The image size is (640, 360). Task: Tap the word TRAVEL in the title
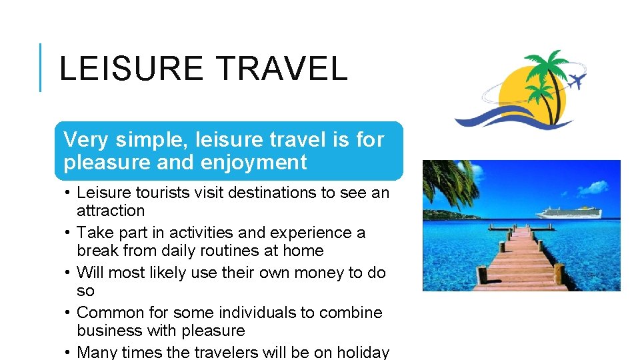(282, 69)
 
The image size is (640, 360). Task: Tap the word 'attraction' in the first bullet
(111, 211)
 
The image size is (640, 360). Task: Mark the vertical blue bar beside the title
(40, 67)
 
